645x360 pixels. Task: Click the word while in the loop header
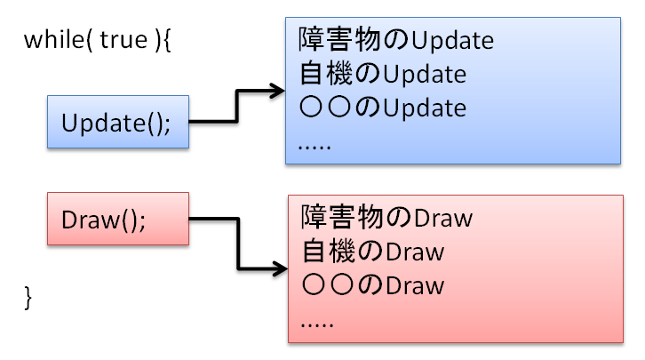coord(54,39)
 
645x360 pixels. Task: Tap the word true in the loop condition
coord(123,40)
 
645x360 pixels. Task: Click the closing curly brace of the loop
coord(28,298)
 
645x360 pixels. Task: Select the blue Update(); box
coord(118,122)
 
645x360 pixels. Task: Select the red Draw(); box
coord(118,219)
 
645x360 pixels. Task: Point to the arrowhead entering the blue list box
coord(277,91)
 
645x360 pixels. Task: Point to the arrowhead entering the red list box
coord(280,269)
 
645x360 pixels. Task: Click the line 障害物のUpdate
coord(395,39)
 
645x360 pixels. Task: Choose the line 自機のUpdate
coord(383,74)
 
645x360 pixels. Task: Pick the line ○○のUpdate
coord(383,108)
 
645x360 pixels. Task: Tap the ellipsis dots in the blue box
coord(315,147)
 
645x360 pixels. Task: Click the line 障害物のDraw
coord(386,217)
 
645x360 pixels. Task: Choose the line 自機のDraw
coord(373,252)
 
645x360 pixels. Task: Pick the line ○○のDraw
coord(373,285)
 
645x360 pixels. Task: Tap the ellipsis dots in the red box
coord(317,324)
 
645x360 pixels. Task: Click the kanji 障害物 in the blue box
coord(339,39)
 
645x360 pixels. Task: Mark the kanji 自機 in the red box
coord(328,252)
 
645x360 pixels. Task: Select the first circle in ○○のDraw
coord(314,284)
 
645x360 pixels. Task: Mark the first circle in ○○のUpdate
coord(311,108)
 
